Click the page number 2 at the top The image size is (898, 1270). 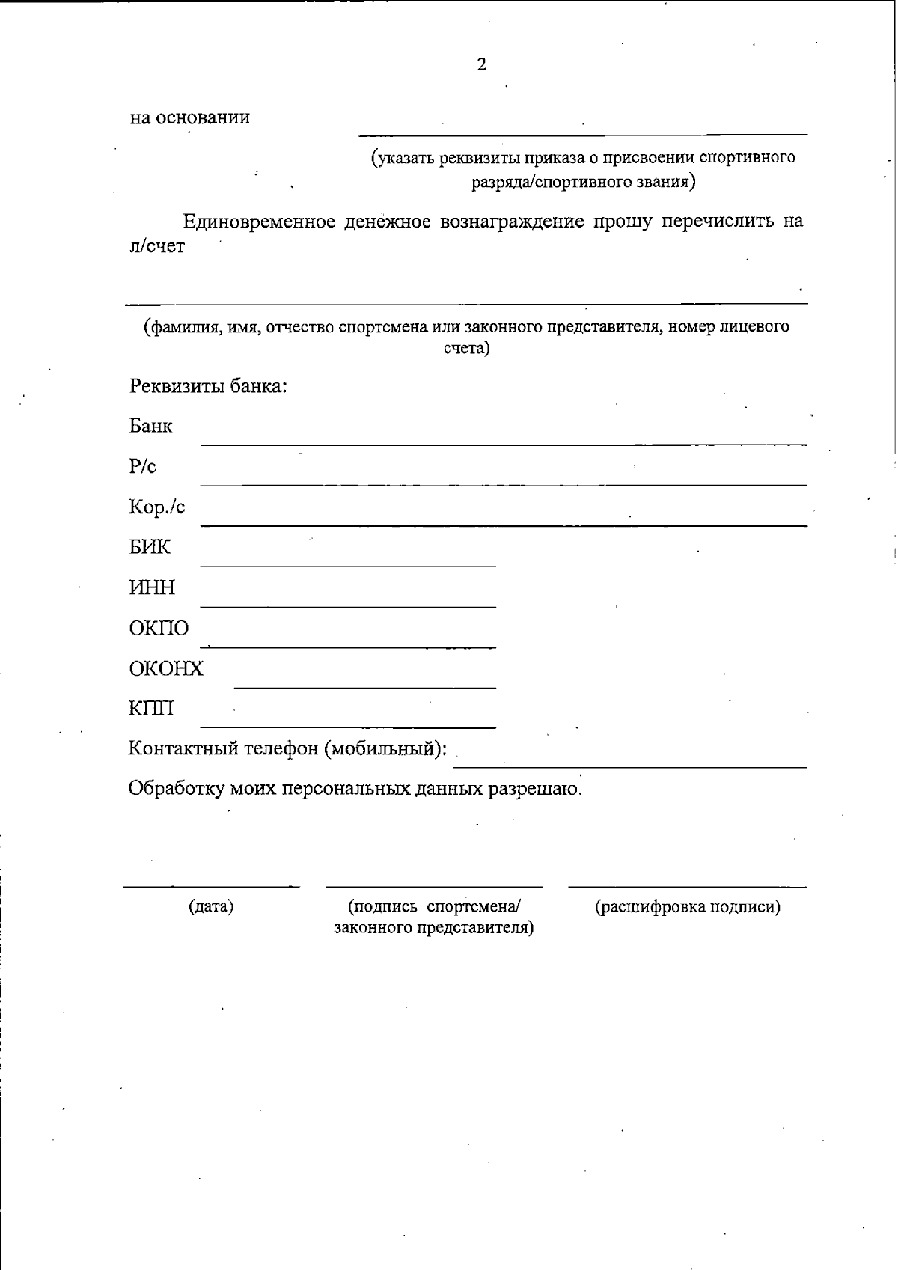481,65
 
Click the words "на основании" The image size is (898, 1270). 190,118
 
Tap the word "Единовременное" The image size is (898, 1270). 259,222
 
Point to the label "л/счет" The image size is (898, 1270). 157,247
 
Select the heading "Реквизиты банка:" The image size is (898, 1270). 209,387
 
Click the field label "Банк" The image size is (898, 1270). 151,427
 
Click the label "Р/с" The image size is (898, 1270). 143,467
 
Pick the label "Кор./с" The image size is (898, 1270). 157,507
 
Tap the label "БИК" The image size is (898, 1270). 150,548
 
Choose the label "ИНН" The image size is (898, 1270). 152,588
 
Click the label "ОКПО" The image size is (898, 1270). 159,629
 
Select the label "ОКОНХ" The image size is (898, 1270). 166,668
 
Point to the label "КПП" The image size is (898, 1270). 151,709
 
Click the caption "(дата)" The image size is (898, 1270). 211,907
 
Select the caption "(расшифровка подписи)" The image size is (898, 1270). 688,907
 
